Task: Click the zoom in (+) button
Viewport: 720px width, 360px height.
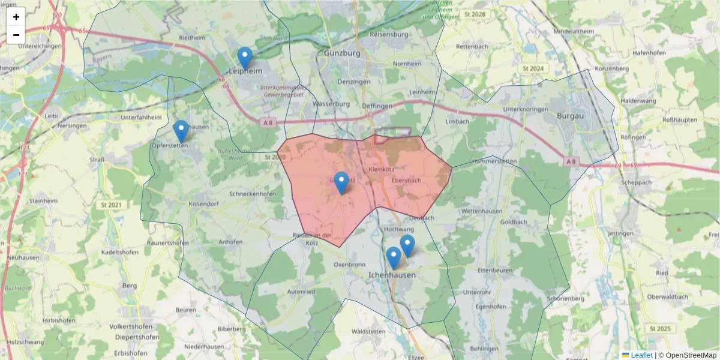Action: click(16, 17)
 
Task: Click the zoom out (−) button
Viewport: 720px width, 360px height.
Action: click(16, 35)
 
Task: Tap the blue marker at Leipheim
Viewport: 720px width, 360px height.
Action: click(244, 58)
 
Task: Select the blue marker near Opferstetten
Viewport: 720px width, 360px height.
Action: click(181, 131)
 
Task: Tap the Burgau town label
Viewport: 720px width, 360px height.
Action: click(569, 115)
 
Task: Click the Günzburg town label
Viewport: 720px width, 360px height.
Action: click(342, 53)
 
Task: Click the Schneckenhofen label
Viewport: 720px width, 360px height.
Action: click(253, 194)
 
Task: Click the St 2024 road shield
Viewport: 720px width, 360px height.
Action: click(533, 69)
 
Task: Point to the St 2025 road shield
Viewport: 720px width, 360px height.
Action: click(660, 329)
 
